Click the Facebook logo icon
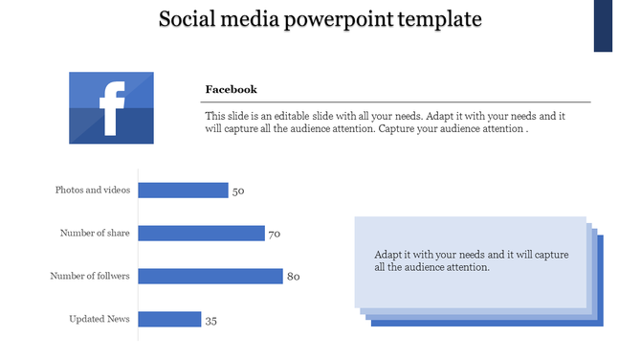111,107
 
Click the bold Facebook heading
231,89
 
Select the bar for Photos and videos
184,190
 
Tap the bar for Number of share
201,233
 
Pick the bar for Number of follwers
210,276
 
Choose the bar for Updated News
169,319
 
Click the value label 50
238,191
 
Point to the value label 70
274,234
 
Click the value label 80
294,277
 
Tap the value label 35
211,321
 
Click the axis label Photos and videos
93,190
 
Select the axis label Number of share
95,233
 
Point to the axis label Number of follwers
90,276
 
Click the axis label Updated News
99,319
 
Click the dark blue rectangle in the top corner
604,26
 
